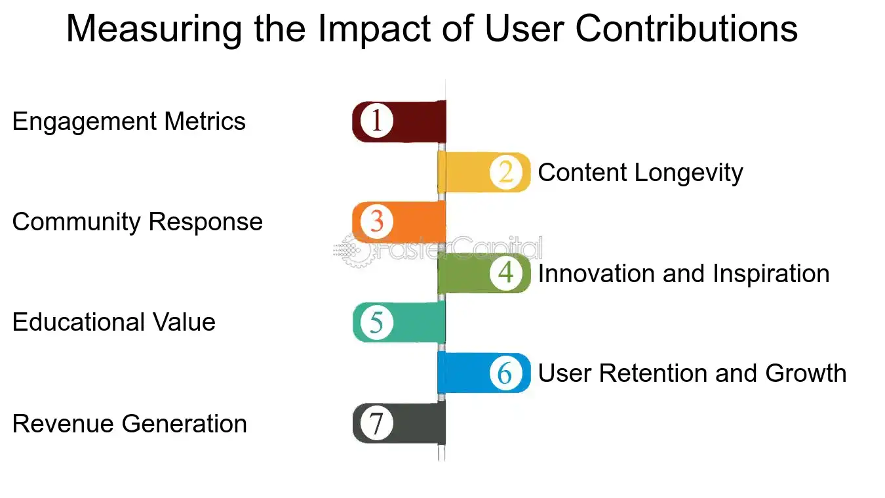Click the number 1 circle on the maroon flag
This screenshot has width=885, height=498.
pos(376,121)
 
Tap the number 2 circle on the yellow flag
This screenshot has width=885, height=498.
pos(506,172)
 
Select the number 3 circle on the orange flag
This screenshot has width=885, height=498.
pos(376,222)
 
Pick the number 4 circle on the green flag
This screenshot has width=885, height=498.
pos(506,272)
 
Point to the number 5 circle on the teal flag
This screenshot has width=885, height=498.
pos(376,322)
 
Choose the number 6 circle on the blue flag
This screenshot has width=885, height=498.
pos(506,373)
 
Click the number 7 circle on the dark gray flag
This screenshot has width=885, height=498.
pos(376,423)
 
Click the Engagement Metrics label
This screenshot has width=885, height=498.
pos(128,122)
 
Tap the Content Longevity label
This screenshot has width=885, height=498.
pos(640,173)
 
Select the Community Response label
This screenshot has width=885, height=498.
pos(137,222)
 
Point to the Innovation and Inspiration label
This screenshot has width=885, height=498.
pos(683,274)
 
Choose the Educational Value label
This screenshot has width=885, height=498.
pos(113,323)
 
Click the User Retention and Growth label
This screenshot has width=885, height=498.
pos(692,373)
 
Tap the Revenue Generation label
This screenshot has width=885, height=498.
pos(129,424)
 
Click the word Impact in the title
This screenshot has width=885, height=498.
pos(360,30)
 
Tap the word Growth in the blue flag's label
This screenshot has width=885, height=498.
pos(806,373)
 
